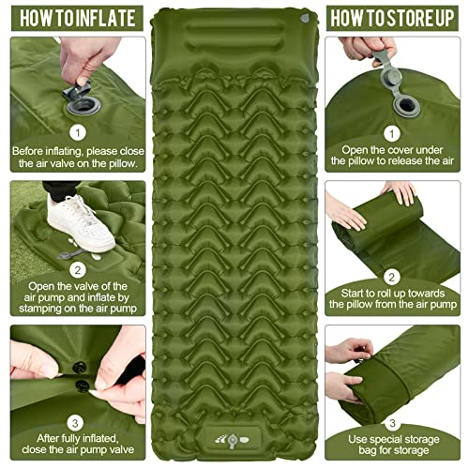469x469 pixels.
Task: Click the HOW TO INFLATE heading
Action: [72, 17]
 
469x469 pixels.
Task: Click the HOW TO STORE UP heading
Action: [396, 17]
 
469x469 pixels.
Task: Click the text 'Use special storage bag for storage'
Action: [395, 446]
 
